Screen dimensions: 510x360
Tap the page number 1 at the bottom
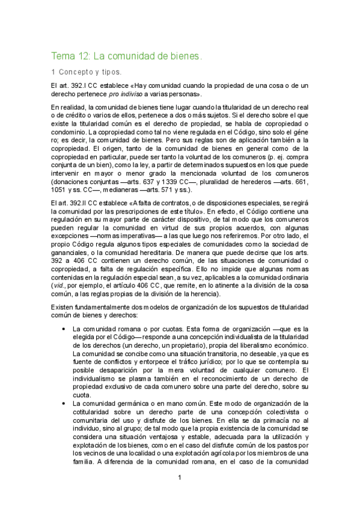coord(179,478)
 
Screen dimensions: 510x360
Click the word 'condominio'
coord(73,131)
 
